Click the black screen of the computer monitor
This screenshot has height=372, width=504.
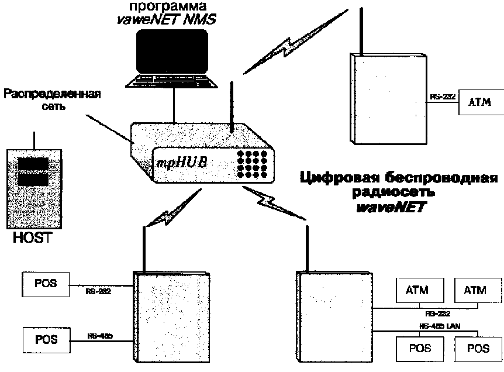pyautogui.click(x=171, y=51)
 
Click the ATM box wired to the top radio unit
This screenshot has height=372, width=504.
pyautogui.click(x=479, y=102)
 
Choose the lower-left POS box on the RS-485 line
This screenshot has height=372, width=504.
pyautogui.click(x=44, y=337)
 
